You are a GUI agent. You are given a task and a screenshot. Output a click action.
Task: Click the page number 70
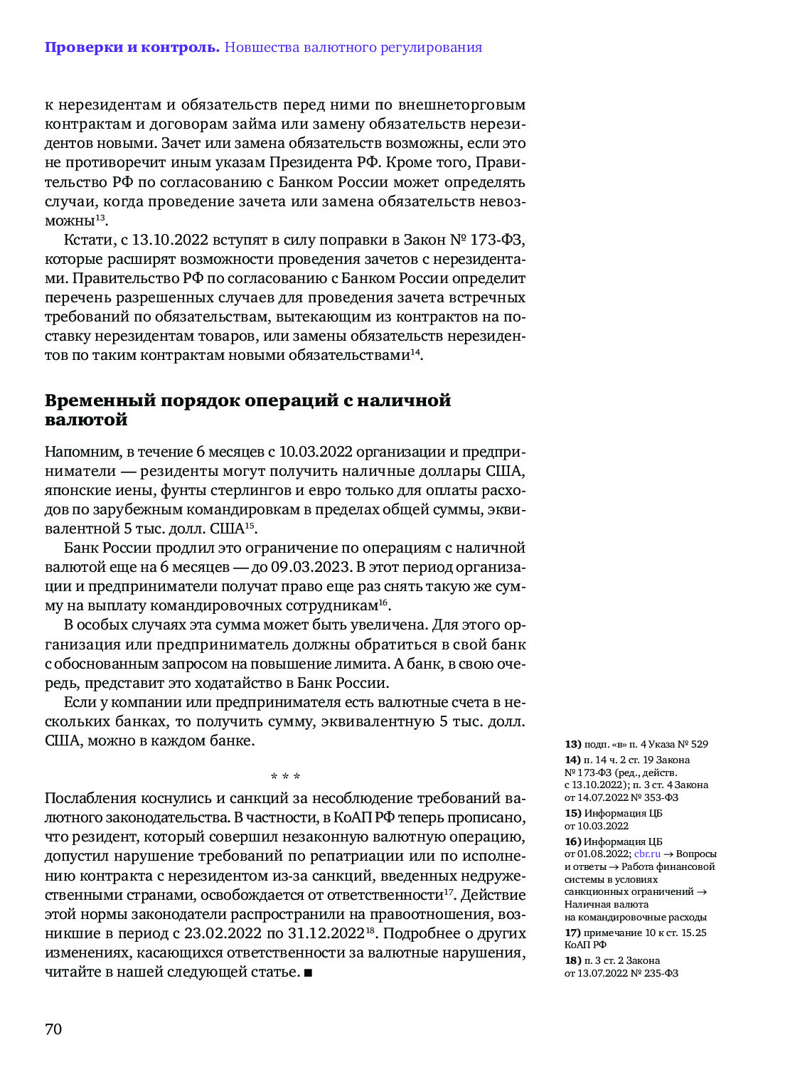point(53,1029)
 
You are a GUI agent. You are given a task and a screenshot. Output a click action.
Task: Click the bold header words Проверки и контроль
point(132,48)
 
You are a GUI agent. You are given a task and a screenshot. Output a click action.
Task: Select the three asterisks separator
point(285,776)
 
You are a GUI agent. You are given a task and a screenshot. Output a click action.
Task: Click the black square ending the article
point(308,972)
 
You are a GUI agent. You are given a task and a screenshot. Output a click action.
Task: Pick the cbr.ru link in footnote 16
point(647,854)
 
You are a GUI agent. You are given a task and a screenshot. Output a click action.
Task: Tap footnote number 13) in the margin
point(572,744)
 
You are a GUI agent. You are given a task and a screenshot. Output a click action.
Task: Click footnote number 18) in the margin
point(572,960)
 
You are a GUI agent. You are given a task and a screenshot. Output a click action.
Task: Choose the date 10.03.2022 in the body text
point(315,452)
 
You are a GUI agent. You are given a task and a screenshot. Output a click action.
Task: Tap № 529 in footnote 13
point(693,744)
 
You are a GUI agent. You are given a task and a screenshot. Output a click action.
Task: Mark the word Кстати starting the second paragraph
point(88,240)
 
